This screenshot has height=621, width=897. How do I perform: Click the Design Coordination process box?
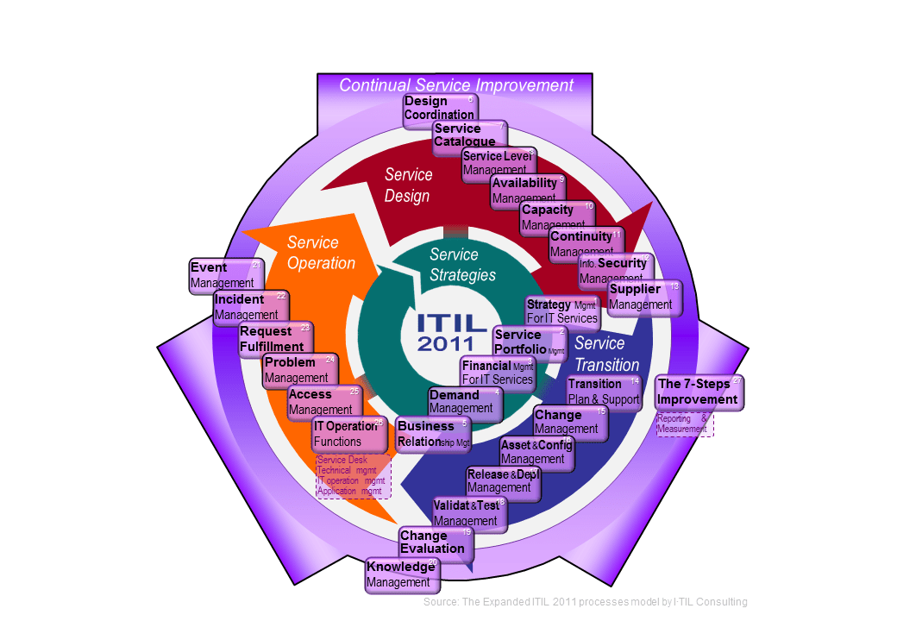440,109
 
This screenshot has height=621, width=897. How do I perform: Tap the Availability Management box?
525,191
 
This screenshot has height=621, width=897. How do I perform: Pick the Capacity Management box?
555,217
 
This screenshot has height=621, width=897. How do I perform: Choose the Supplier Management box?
643,297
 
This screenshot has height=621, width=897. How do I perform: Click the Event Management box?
223,275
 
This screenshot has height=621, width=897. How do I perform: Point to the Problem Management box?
298,370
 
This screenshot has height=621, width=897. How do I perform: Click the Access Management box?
323,401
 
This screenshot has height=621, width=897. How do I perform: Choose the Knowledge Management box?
402,574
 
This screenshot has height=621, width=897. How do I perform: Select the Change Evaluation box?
434,543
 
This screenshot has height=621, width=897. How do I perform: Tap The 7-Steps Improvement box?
698,392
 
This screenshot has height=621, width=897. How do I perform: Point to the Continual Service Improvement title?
455,85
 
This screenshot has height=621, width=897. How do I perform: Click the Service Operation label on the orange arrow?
321,253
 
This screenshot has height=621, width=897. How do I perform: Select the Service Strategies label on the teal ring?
462,265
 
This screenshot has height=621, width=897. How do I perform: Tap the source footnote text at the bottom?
585,601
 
